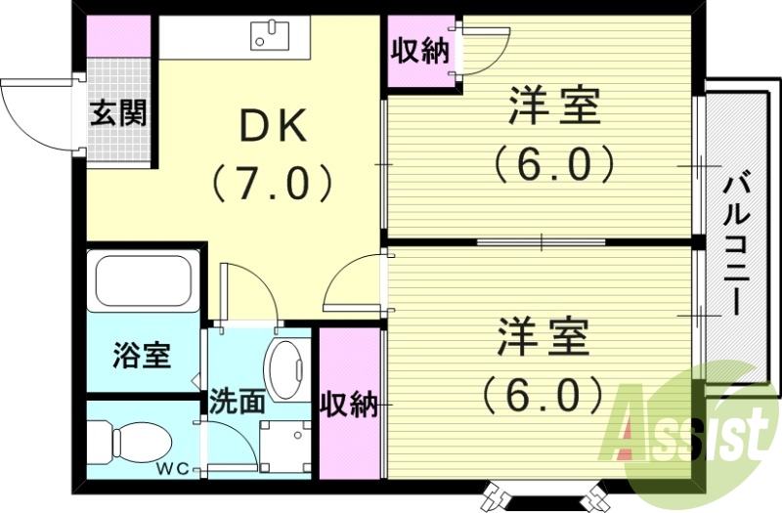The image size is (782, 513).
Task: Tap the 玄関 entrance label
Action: [x=119, y=113]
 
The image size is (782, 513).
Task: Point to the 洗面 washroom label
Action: [x=237, y=402]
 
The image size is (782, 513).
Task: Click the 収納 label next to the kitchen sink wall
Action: [x=421, y=52]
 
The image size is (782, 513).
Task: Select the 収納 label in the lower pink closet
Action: [x=349, y=403]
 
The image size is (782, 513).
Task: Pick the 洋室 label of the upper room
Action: [x=553, y=107]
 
